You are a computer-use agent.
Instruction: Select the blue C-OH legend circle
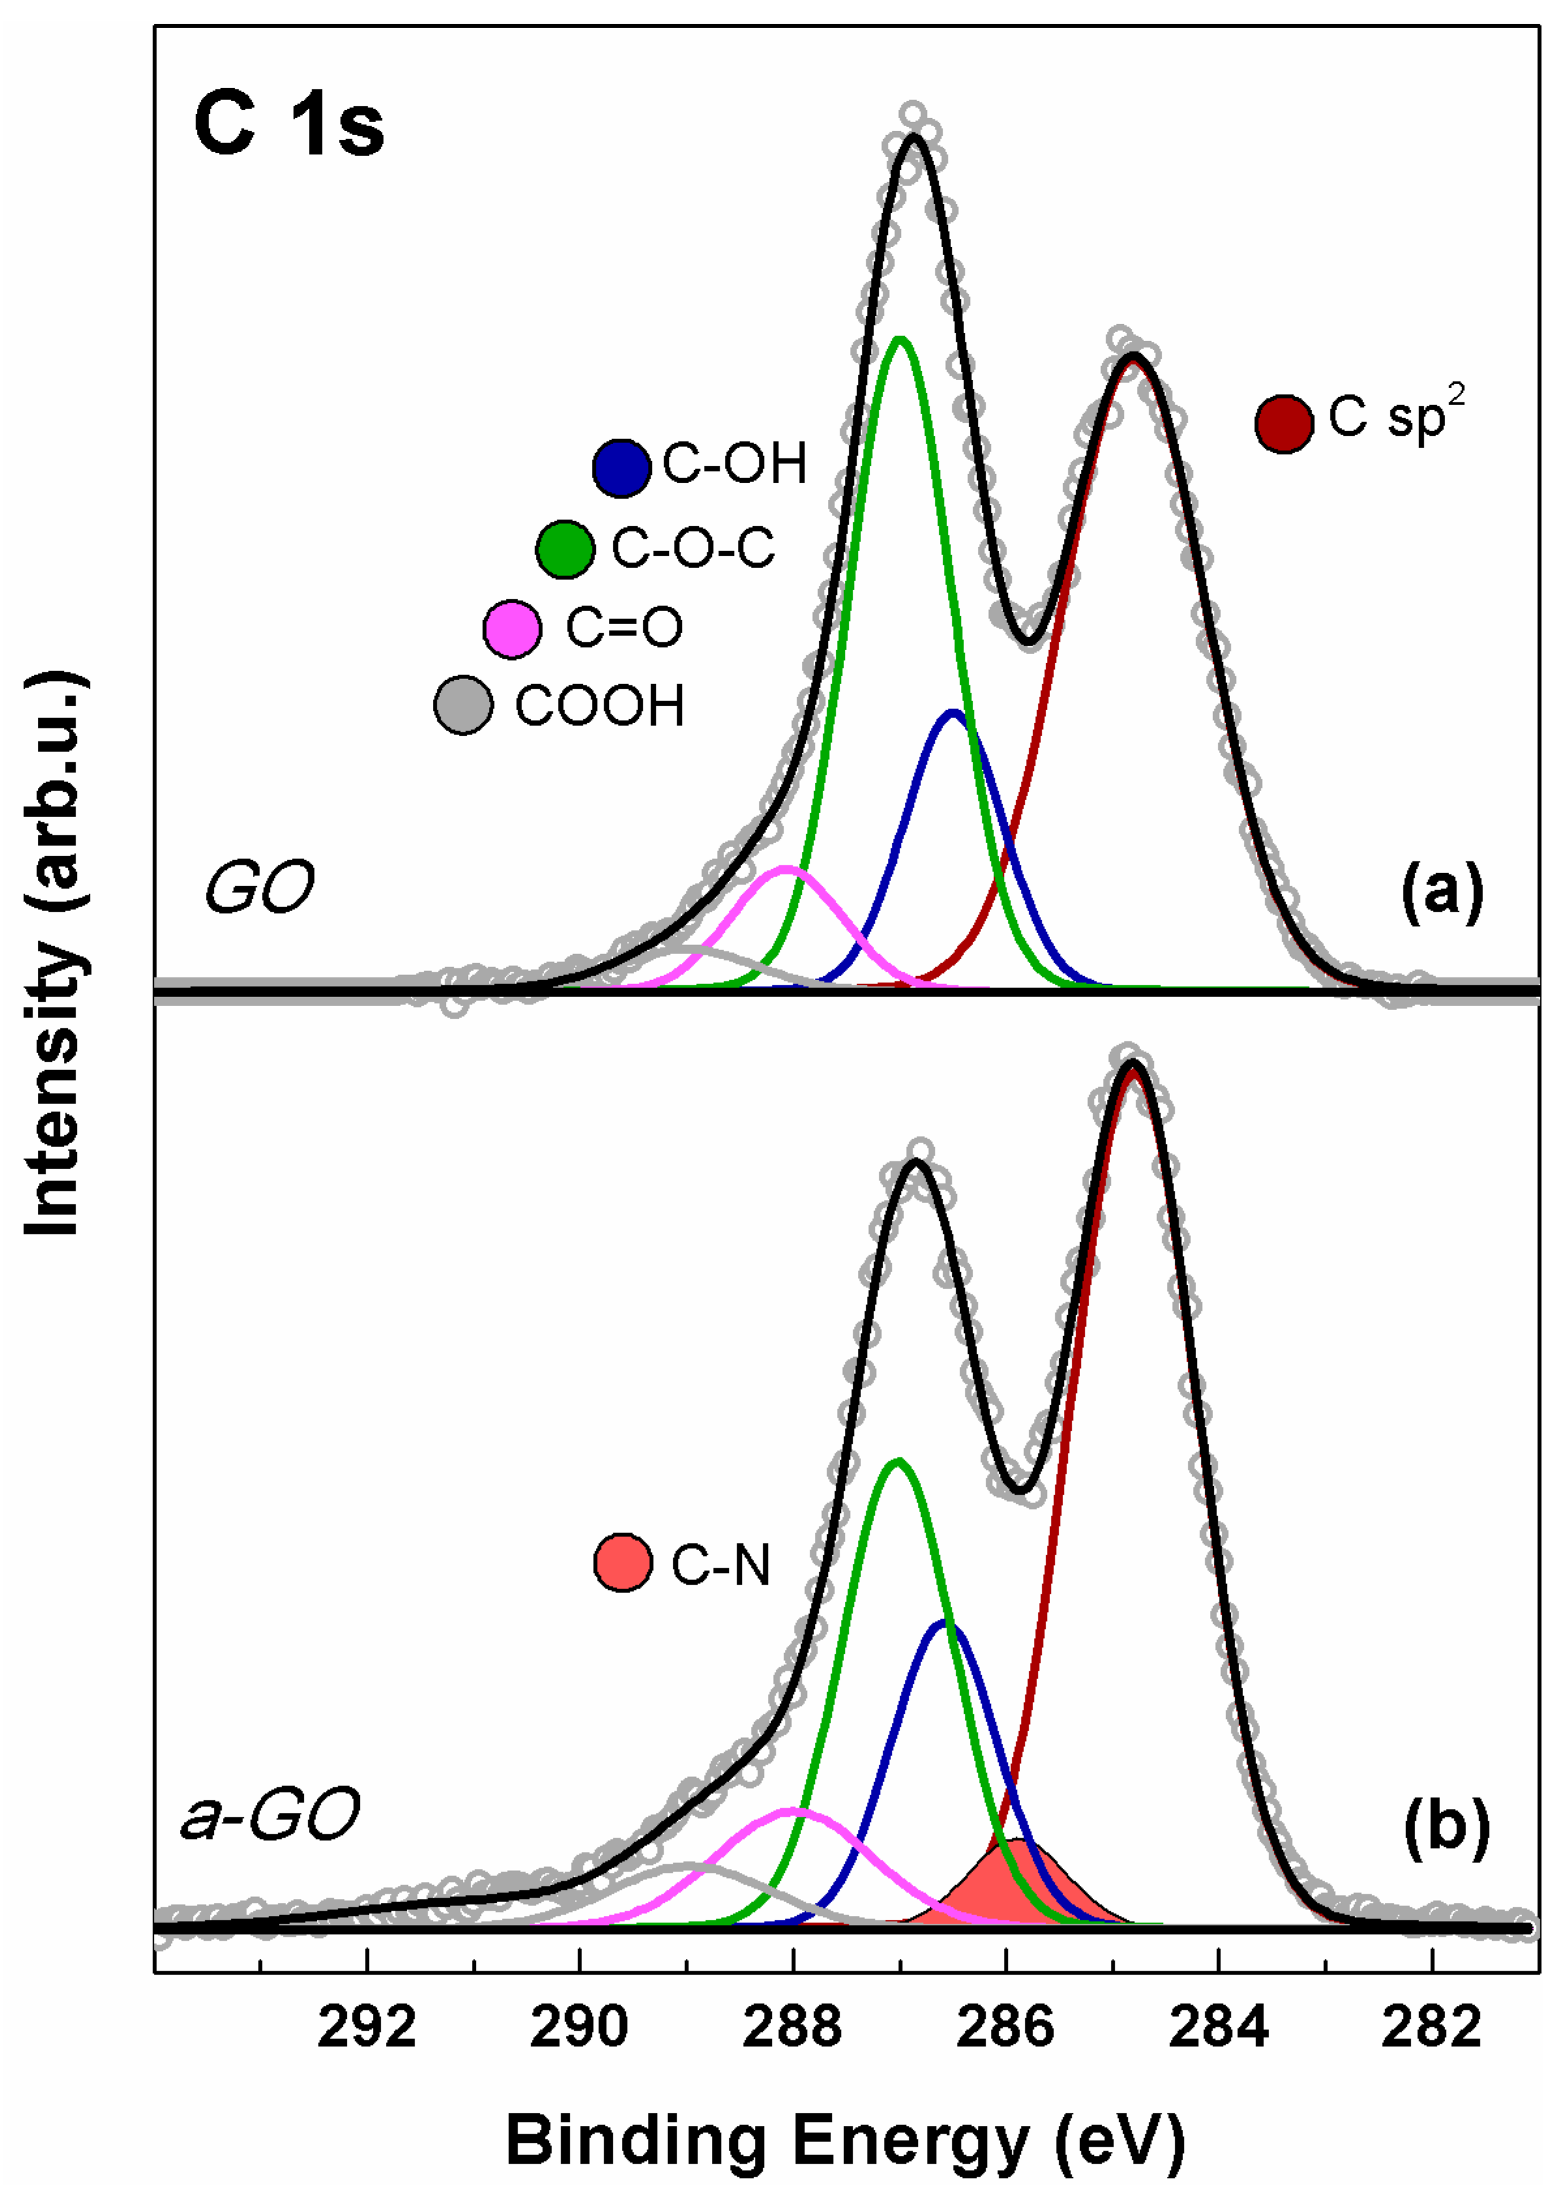(x=622, y=468)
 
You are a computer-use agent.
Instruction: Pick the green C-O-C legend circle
(x=565, y=549)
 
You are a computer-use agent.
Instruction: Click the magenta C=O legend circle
(x=512, y=629)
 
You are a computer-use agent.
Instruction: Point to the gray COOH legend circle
(x=463, y=706)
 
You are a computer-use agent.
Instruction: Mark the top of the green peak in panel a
(x=900, y=338)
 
